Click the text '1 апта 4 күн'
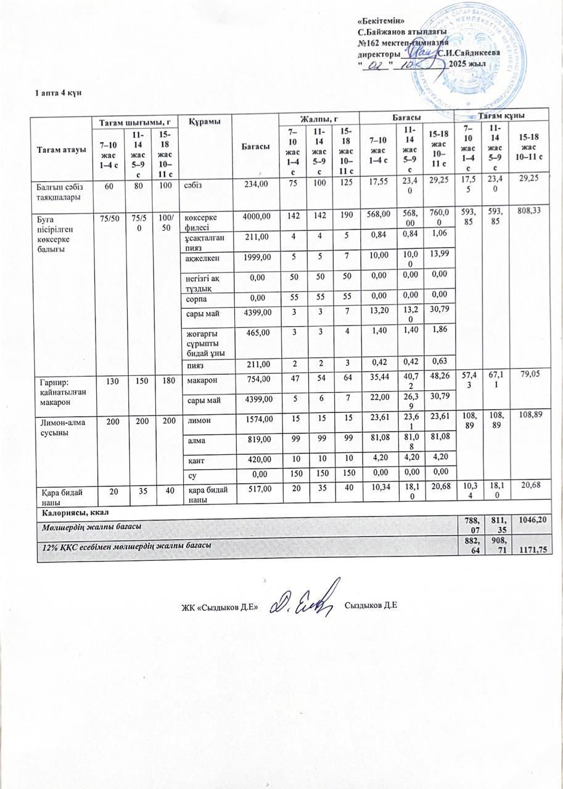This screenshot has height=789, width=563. [59, 92]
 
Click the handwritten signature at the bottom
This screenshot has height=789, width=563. [306, 597]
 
